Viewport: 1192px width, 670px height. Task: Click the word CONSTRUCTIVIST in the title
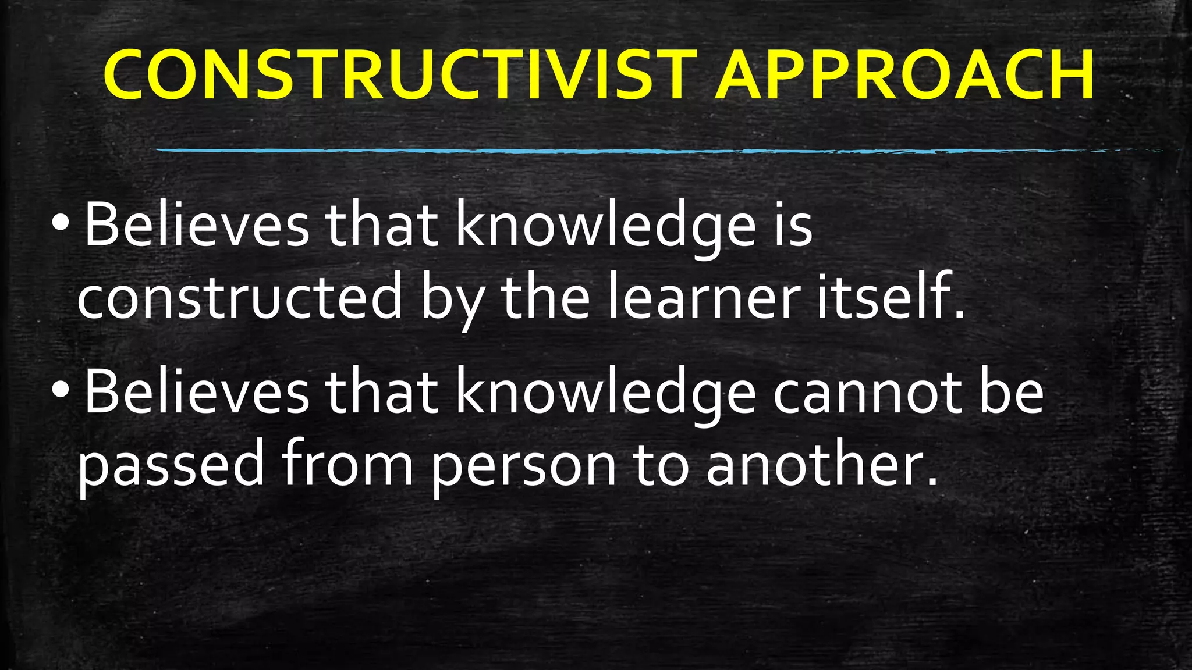400,76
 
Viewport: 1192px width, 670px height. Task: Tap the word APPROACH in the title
905,76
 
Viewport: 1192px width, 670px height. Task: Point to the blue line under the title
640,151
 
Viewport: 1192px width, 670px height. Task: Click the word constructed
240,297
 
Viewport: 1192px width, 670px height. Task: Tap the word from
347,464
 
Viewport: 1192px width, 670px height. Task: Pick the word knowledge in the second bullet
605,394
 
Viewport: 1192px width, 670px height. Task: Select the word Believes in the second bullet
197,393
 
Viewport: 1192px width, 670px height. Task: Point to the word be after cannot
1012,394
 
